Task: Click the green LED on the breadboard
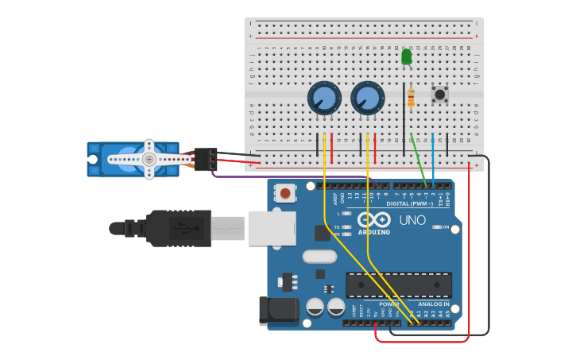[407, 57]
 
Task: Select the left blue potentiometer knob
[324, 99]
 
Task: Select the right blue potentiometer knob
[366, 99]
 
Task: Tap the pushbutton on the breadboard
[439, 95]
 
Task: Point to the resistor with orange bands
[411, 99]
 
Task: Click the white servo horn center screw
[149, 159]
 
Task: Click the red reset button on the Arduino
[284, 192]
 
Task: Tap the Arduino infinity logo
[373, 219]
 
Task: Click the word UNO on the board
[412, 220]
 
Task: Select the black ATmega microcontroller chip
[399, 285]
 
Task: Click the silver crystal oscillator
[319, 257]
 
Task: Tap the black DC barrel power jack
[279, 311]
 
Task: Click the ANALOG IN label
[433, 304]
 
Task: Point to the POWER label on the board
[389, 304]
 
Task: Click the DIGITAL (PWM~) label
[410, 203]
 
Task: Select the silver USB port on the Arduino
[271, 227]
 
